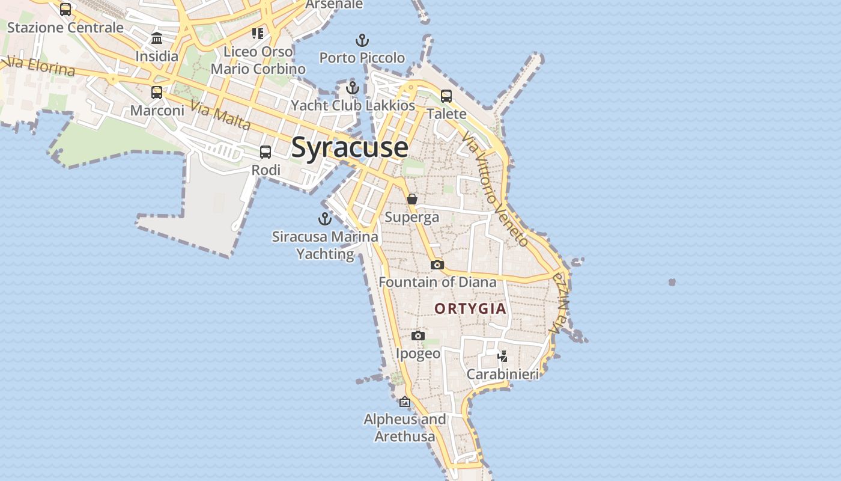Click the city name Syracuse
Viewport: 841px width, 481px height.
[350, 148]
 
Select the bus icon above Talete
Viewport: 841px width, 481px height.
[446, 96]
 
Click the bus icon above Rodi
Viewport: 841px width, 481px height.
[266, 152]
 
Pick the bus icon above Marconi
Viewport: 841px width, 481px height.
[157, 93]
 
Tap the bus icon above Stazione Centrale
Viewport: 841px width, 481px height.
[65, 10]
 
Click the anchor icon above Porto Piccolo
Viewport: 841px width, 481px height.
[362, 40]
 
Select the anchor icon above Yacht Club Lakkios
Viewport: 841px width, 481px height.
[353, 88]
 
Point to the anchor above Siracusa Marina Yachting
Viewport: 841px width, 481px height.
[325, 218]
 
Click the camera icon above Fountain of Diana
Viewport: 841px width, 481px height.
[437, 265]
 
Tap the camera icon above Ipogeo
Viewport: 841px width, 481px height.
[418, 335]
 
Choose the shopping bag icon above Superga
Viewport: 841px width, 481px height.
[412, 199]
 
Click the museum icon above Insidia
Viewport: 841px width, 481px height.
[157, 38]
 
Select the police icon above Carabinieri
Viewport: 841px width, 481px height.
[503, 357]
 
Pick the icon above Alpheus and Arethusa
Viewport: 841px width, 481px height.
[405, 402]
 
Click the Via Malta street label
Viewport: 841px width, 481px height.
[220, 115]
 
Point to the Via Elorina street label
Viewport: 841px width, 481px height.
[40, 66]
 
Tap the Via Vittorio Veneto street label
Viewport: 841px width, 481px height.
[496, 189]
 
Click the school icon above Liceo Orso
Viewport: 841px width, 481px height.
[258, 34]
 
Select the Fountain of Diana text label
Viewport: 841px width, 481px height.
[437, 282]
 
